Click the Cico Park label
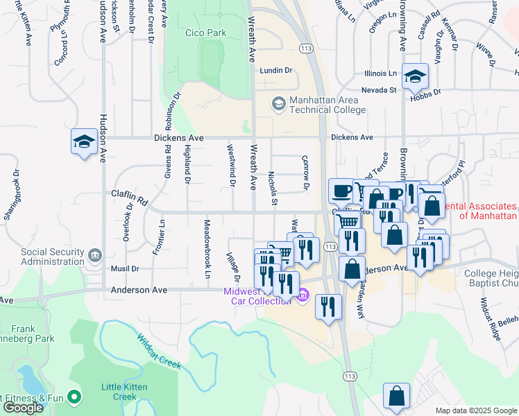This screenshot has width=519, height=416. coord(207,33)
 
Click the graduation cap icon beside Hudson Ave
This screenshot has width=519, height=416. coord(83,143)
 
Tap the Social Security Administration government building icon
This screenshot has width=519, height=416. coord(94,256)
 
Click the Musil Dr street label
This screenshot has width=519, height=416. coord(126,268)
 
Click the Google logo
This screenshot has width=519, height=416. coord(23,408)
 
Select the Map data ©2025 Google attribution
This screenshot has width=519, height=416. coord(476,410)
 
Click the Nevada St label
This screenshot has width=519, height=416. coord(378,90)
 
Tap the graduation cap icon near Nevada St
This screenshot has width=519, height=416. coord(416,76)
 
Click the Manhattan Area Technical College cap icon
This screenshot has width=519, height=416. coord(278,104)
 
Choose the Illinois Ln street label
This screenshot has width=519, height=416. coord(380,73)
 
